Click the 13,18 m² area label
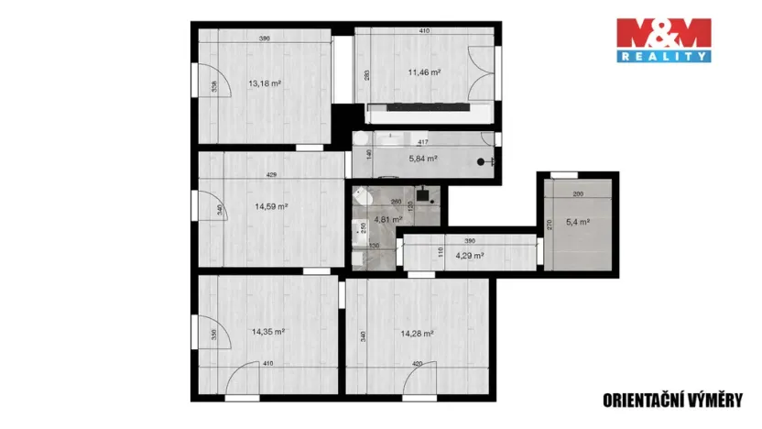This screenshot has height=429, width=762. click(x=264, y=82)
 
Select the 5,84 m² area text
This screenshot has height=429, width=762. click(x=421, y=158)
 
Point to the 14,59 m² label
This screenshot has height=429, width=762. click(x=272, y=206)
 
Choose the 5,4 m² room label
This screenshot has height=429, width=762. click(x=578, y=221)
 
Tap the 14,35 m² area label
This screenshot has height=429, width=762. click(x=267, y=334)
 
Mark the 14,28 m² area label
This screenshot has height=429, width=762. click(x=418, y=334)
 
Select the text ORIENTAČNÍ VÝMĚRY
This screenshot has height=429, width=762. click(x=672, y=399)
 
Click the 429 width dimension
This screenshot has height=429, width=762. click(x=271, y=174)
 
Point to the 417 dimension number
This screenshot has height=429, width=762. click(x=424, y=142)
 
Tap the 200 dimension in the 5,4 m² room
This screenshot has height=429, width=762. click(x=579, y=194)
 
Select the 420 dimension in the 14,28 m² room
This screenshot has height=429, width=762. click(x=418, y=364)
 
